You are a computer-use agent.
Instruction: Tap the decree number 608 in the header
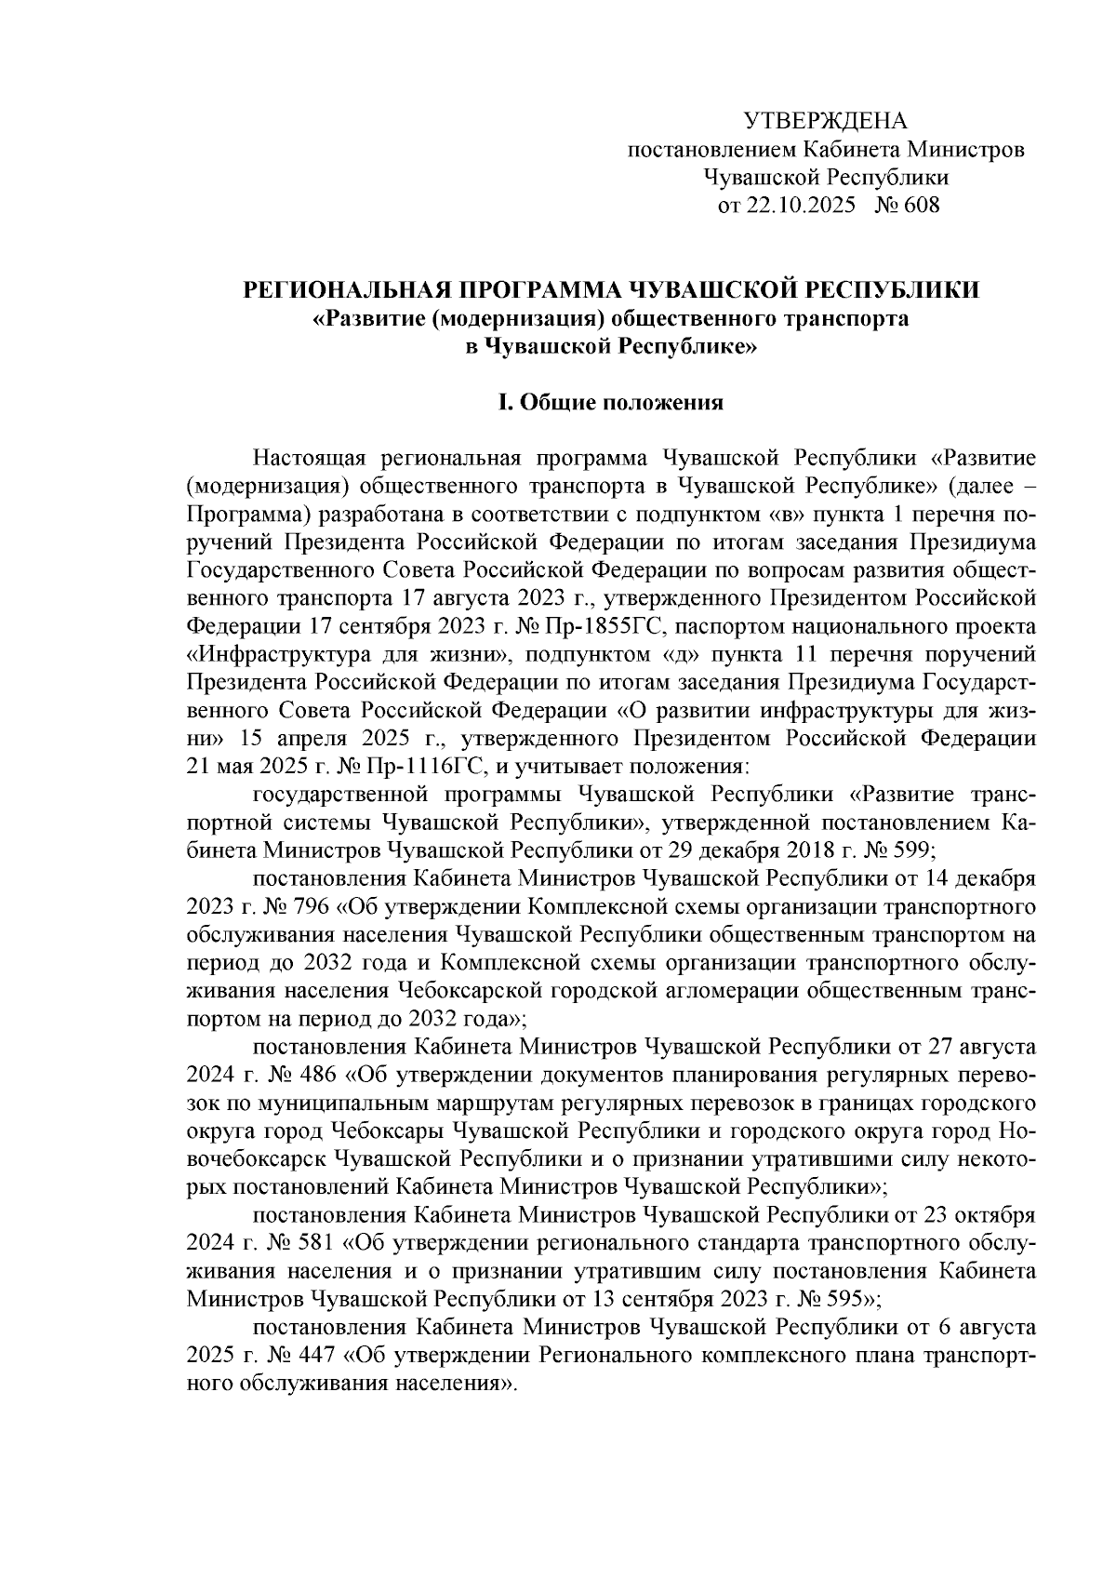pyautogui.click(x=921, y=205)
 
